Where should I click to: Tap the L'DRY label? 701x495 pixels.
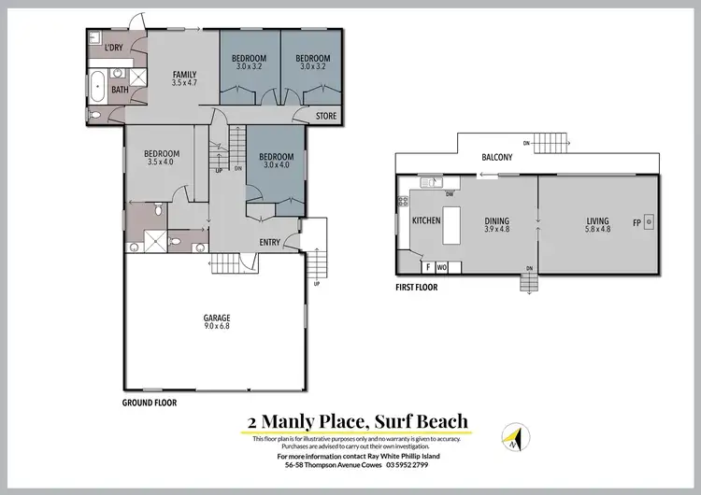click(x=114, y=48)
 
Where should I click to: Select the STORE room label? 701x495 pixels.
click(x=325, y=117)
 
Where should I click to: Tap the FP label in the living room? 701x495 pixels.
click(x=637, y=223)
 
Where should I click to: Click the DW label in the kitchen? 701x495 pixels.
click(x=450, y=194)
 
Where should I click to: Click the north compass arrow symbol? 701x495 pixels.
click(x=512, y=436)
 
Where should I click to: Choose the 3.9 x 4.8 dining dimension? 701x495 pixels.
click(x=497, y=229)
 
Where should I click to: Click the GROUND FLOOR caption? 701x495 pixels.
click(x=150, y=403)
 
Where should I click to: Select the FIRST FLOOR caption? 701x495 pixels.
click(x=417, y=288)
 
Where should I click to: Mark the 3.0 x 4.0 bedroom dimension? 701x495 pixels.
click(x=277, y=165)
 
